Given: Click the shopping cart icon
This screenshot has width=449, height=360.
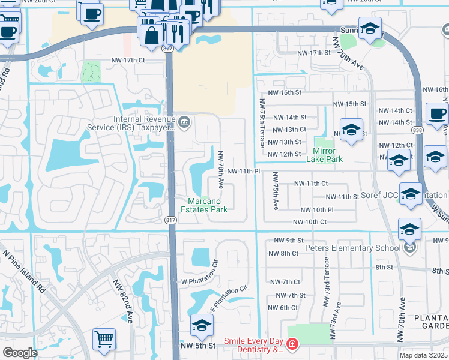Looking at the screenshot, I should click(x=104, y=339).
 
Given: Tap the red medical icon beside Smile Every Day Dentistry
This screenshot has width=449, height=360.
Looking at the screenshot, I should click(x=292, y=344).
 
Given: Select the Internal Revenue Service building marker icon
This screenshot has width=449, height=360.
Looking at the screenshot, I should click(x=184, y=123).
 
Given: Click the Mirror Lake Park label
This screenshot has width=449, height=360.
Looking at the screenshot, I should click(x=324, y=155).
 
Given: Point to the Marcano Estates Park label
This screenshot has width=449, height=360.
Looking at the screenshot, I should click(x=207, y=205).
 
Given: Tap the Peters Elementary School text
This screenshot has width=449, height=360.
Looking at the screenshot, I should click(x=352, y=248).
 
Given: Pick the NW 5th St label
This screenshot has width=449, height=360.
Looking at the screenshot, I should click(x=198, y=346).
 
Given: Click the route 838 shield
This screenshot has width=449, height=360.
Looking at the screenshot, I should click(x=417, y=130).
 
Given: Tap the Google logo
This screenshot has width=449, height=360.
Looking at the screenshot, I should click(x=20, y=353).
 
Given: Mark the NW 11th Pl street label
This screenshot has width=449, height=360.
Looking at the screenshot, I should click(x=243, y=171).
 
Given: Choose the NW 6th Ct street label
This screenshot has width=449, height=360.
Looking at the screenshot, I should click(x=284, y=308).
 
